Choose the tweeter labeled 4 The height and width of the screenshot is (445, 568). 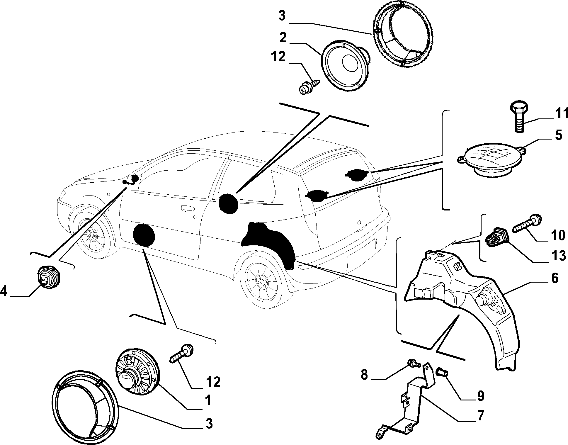[48, 277]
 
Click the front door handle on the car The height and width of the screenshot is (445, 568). [188, 208]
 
